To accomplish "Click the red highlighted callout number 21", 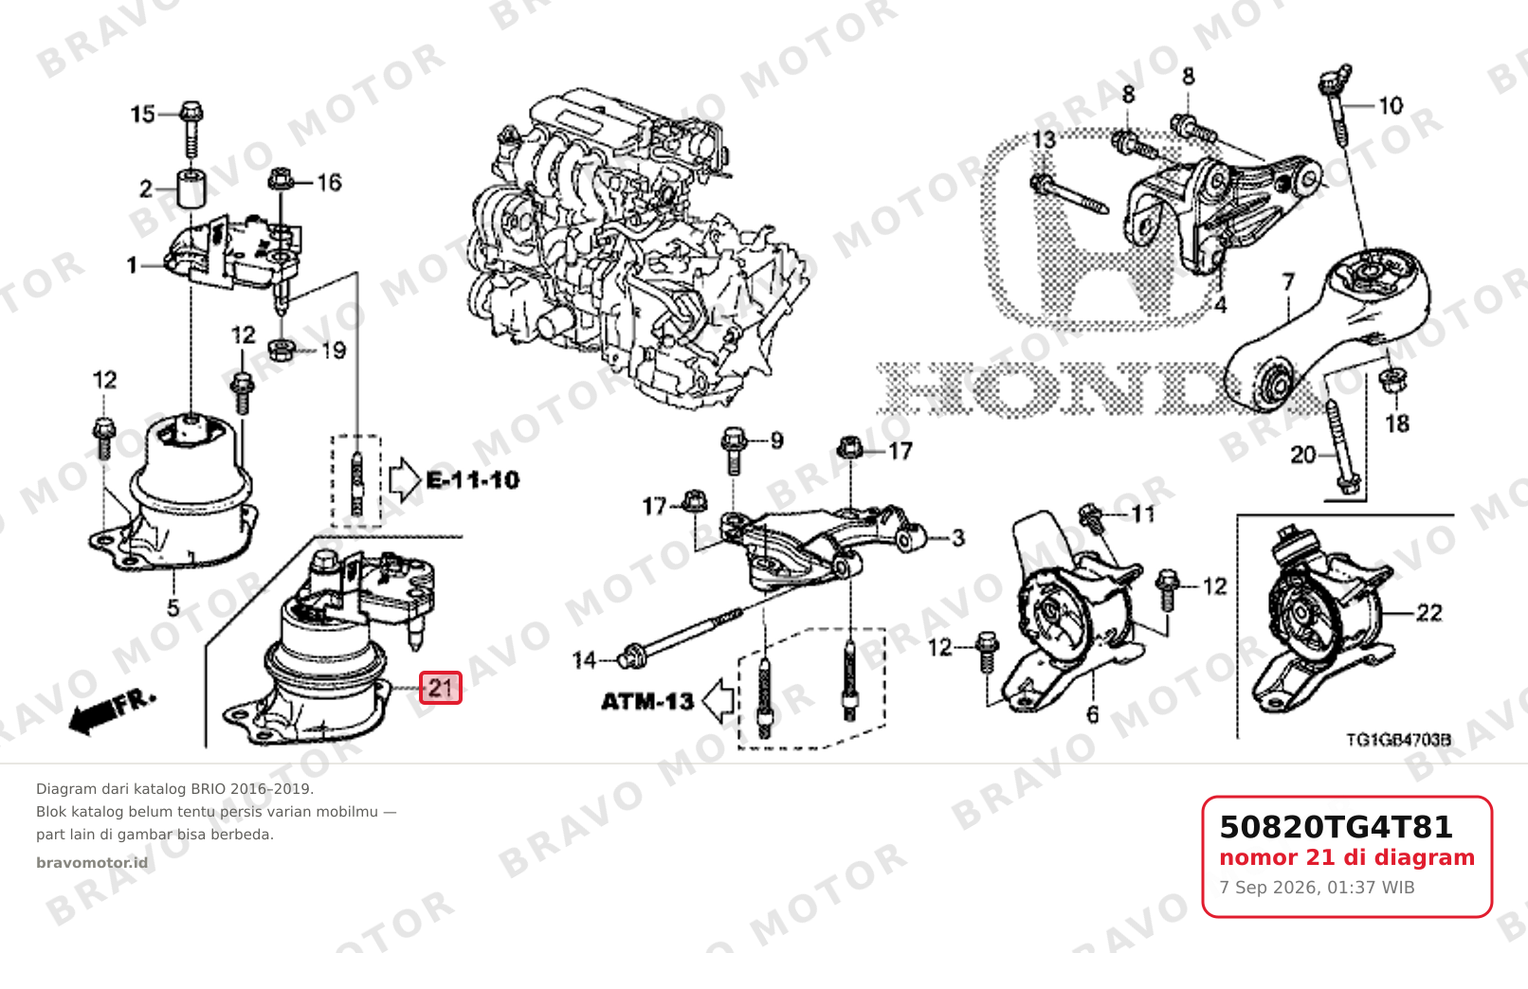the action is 441,687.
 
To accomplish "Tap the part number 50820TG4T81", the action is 1336,827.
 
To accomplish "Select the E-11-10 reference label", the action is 473,480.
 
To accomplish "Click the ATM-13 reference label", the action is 646,701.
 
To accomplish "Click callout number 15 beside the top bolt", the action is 143,114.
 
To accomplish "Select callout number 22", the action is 1429,613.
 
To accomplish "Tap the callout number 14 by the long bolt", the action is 585,659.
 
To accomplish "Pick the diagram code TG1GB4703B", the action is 1398,740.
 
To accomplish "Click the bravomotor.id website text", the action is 92,862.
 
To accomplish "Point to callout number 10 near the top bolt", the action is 1391,106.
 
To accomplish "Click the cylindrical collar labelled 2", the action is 191,189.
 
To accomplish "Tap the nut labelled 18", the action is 1393,379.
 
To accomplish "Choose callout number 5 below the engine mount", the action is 173,607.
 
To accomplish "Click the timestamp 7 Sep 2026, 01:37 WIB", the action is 1317,888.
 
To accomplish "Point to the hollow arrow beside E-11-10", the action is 405,480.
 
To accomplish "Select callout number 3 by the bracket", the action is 958,538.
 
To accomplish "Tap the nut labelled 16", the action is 281,180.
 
